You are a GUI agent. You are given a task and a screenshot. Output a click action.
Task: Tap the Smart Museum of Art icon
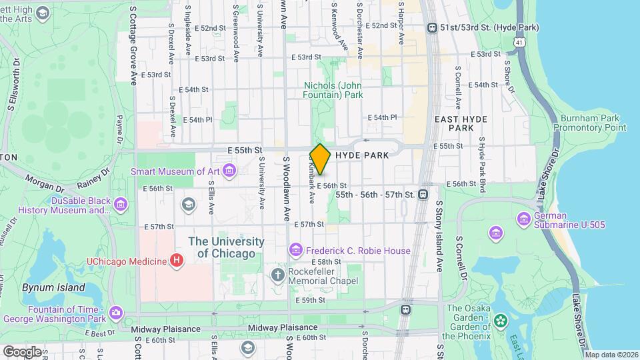[x=230, y=171]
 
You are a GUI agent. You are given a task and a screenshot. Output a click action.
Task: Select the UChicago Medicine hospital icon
[x=176, y=260]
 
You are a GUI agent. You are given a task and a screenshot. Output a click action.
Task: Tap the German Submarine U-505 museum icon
[x=523, y=219]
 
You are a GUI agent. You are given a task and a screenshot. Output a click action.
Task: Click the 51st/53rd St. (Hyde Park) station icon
[x=433, y=27]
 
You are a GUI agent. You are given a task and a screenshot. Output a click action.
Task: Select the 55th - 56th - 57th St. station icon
[x=422, y=195]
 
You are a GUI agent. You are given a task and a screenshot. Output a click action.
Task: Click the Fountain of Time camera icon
[x=116, y=312]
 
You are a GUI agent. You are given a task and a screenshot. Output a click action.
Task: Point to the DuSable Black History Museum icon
[x=121, y=204]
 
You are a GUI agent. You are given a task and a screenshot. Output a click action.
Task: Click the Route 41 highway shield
[x=519, y=41]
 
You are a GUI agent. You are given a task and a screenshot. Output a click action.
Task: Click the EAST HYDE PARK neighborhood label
[x=461, y=123]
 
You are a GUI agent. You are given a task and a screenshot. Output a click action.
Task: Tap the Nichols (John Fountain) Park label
[x=333, y=90]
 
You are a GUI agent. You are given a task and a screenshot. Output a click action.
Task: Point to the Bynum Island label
[x=53, y=288]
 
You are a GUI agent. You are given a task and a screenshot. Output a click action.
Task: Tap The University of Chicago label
[x=226, y=247]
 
